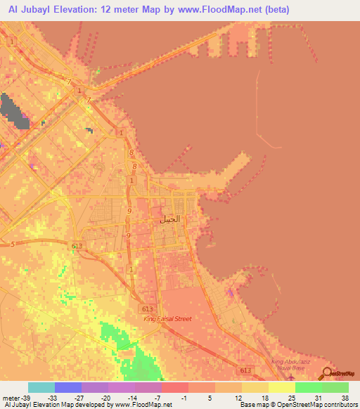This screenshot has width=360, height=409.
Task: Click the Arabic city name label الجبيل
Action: (170, 219)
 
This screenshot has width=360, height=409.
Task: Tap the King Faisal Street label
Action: (167, 319)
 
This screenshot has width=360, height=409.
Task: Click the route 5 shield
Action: (13, 244)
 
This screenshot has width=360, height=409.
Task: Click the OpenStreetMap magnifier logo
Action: (327, 372)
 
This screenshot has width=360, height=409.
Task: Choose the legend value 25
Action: (293, 397)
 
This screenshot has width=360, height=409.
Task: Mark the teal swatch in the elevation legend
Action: (41, 387)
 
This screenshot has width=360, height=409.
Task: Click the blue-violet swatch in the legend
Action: (67, 387)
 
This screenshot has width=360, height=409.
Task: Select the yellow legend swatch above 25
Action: (281, 387)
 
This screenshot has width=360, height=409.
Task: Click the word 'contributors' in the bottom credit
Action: (339, 405)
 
